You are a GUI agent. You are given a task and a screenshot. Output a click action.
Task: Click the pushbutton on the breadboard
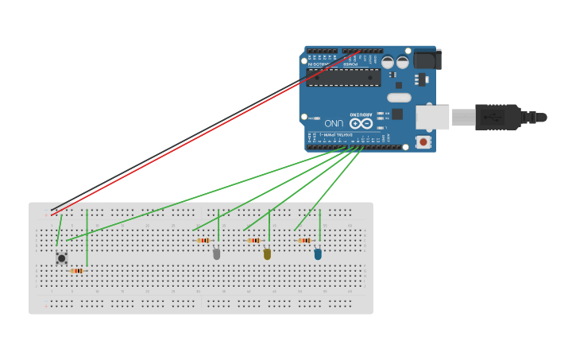[61, 257]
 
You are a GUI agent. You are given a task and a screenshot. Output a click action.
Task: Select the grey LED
[216, 254]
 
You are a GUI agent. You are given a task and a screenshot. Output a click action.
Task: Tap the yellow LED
[267, 254]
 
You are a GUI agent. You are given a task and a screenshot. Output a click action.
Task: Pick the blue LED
[318, 254]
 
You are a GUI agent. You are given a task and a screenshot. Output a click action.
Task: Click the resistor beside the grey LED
[203, 240]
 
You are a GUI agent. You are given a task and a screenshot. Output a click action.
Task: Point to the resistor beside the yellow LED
[254, 240]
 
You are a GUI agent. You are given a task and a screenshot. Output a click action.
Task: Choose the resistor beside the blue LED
[304, 240]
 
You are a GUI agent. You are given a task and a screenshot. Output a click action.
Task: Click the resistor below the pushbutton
[76, 271]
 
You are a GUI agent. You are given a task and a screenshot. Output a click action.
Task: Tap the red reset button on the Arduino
[423, 141]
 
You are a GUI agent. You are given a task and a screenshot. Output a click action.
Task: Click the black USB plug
[499, 117]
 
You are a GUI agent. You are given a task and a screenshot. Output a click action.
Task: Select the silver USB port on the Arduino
[432, 117]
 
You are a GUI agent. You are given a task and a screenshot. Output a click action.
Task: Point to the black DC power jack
[427, 60]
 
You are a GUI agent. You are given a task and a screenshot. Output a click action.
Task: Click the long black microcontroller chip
[343, 77]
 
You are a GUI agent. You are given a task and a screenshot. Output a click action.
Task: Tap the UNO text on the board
[334, 124]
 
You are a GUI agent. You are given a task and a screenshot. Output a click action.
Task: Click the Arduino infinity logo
[361, 123]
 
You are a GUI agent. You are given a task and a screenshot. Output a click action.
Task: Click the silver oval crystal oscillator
[399, 98]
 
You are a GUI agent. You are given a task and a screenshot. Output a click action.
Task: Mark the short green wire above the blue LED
[320, 225]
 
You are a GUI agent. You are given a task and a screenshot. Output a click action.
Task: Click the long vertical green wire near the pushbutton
[87, 238]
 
